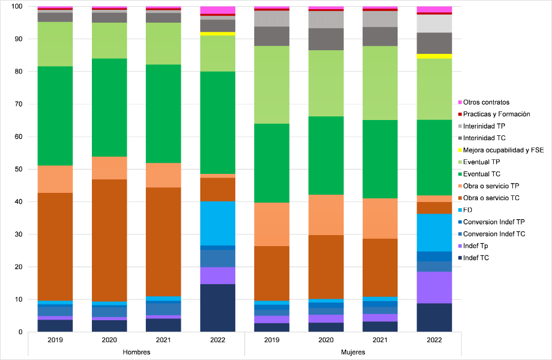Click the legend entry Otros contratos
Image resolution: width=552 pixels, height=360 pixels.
click(486, 102)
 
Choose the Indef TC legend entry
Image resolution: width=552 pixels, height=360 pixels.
click(476, 258)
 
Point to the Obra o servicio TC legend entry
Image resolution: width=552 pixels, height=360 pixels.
click(491, 198)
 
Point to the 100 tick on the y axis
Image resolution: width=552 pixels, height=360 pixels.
click(17, 7)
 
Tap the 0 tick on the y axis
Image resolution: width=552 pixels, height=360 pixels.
click(21, 332)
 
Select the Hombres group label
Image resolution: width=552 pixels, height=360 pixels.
click(136, 352)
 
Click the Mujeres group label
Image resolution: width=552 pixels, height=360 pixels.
click(354, 352)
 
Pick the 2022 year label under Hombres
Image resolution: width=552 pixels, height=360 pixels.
click(218, 340)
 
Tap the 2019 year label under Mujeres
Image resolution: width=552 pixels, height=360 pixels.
click(272, 340)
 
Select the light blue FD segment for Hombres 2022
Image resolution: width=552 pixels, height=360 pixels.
click(218, 223)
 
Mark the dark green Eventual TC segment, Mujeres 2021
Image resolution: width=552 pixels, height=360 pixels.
click(380, 159)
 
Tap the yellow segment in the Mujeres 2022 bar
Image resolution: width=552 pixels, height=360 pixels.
click(434, 56)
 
